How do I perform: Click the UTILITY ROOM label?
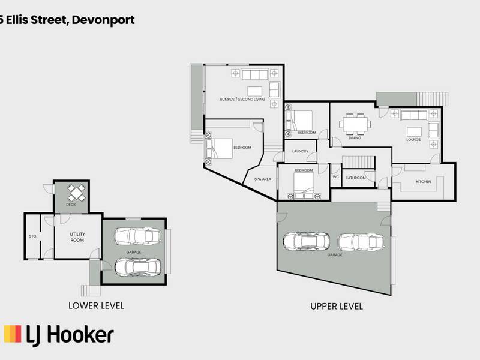tap(77, 237)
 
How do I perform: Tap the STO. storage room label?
tap(33, 236)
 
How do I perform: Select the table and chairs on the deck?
tap(77, 193)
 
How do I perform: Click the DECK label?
tap(71, 205)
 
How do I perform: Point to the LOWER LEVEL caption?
tap(96, 306)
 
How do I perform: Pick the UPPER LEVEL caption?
tap(337, 307)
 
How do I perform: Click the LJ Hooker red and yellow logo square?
tap(13, 334)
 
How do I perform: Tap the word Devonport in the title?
tap(103, 20)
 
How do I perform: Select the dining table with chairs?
tap(355, 124)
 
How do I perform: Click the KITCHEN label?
tap(424, 182)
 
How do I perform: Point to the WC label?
tap(336, 177)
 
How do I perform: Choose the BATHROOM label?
tap(355, 178)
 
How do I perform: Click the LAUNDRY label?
tap(301, 151)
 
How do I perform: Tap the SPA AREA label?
tap(263, 179)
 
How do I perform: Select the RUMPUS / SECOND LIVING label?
tap(242, 100)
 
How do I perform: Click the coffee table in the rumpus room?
tap(254, 92)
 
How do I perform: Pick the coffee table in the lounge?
tap(414, 132)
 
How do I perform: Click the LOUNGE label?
tap(413, 140)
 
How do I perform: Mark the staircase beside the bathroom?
tap(358, 162)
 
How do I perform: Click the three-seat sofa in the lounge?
tap(414, 115)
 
